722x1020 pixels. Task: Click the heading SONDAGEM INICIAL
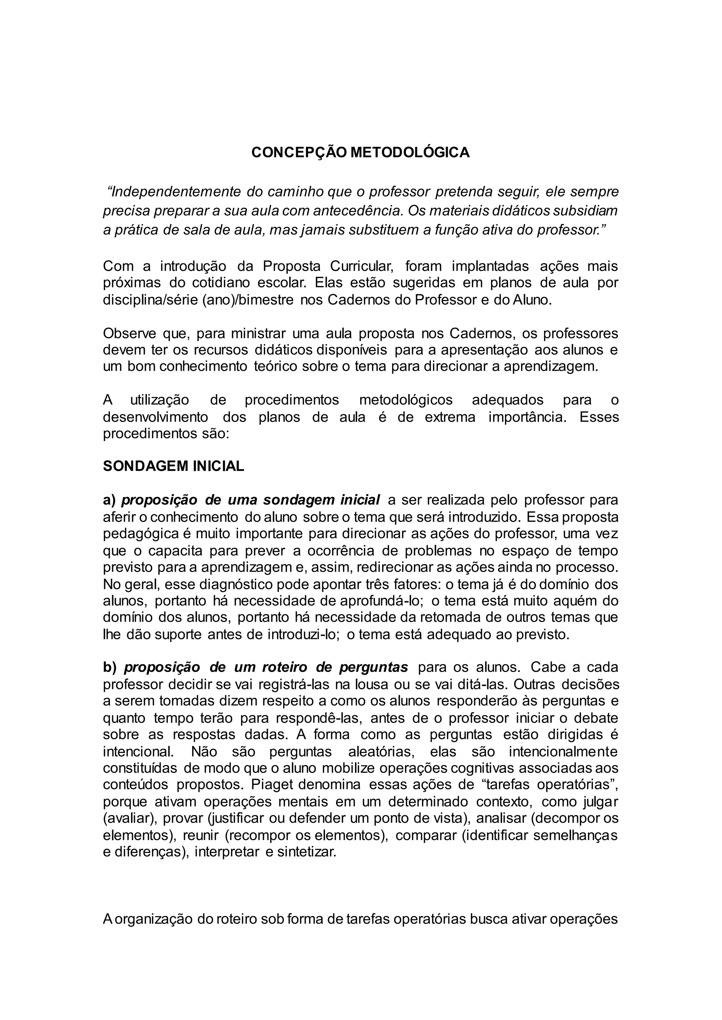(x=173, y=466)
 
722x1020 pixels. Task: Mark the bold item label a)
(x=109, y=500)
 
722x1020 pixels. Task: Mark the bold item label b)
(x=109, y=667)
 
